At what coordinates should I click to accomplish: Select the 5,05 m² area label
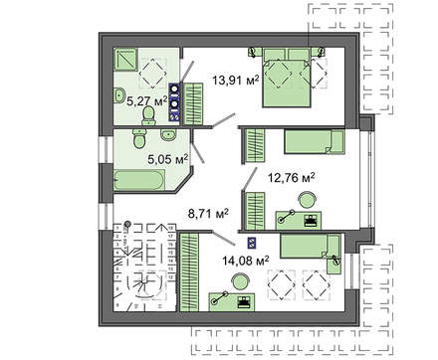tap(168, 157)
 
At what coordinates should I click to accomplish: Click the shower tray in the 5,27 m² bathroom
tap(127, 62)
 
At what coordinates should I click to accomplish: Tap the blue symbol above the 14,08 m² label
tap(251, 242)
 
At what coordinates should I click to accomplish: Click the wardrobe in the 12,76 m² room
tap(253, 144)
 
